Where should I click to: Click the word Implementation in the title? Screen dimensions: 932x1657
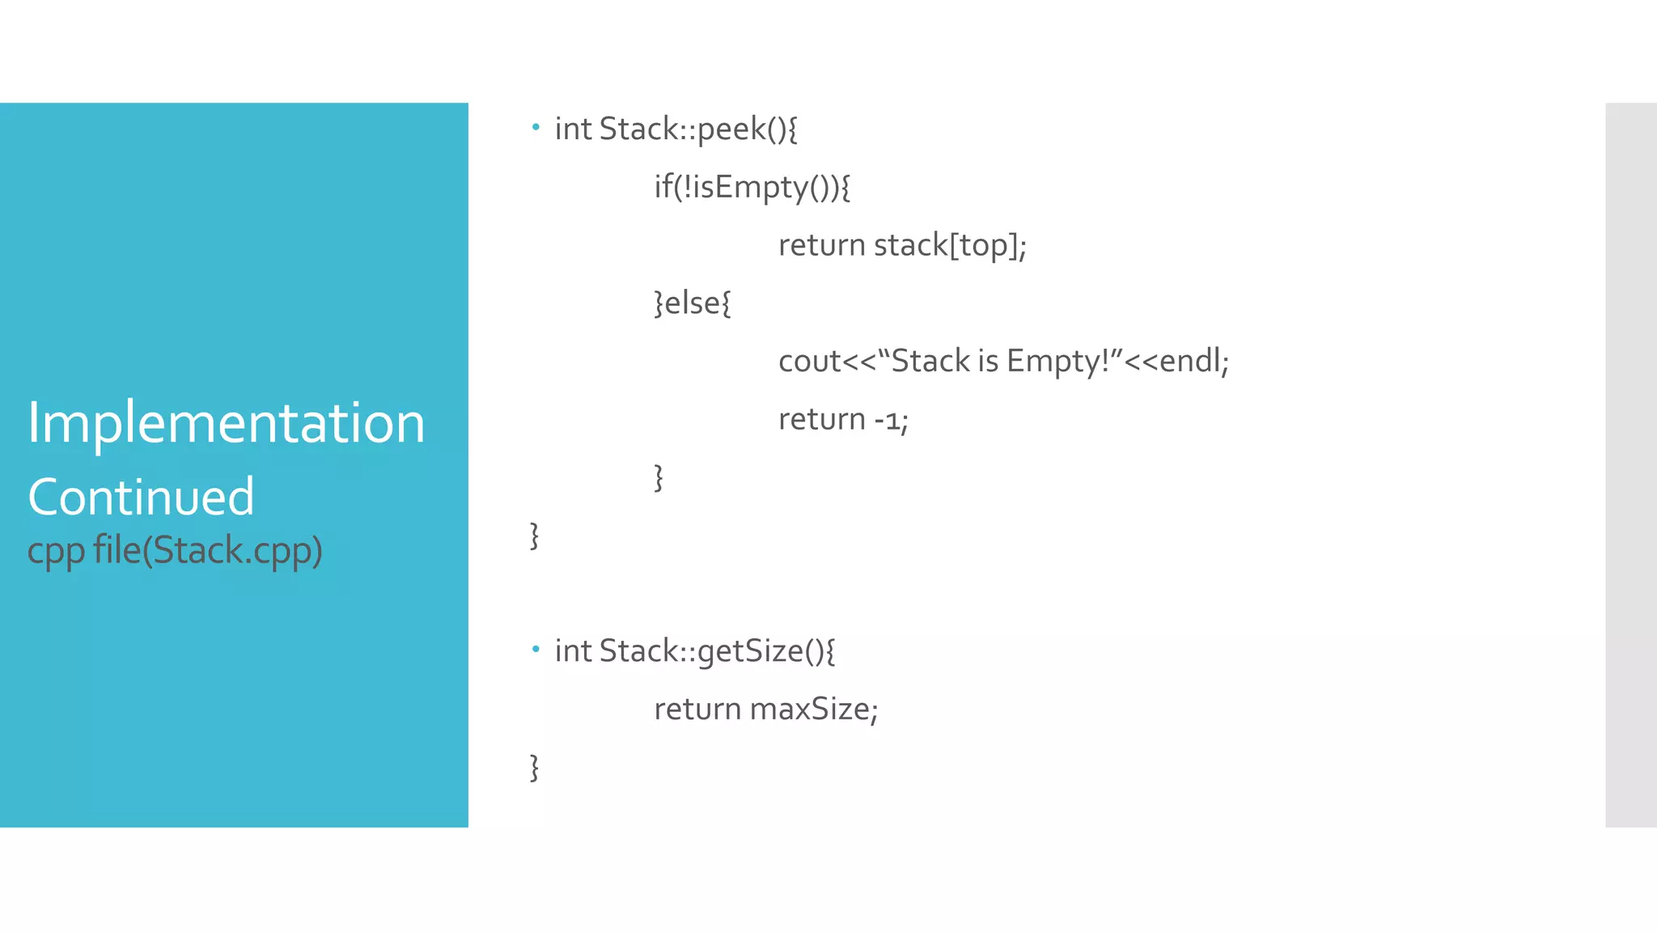tap(226, 423)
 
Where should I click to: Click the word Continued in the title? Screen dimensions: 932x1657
tap(141, 497)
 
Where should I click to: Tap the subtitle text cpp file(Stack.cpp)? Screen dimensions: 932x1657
tap(175, 550)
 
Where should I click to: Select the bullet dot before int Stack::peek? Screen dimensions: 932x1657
tap(536, 126)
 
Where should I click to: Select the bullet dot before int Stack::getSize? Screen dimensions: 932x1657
tap(536, 648)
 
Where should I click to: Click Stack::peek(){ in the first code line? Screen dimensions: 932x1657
tap(698, 129)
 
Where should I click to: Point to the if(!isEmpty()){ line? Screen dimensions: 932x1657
tap(752, 188)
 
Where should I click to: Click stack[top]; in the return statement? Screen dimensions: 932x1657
tap(950, 245)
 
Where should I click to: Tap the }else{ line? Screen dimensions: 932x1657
tap(692, 303)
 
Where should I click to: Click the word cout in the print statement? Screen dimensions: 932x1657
tap(809, 362)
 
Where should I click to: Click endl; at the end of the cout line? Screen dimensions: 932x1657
tap(1193, 362)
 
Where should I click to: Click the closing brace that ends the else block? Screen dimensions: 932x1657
tap(659, 477)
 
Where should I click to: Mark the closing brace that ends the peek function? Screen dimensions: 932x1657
tap(534, 536)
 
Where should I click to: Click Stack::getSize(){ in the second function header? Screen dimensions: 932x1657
tap(717, 651)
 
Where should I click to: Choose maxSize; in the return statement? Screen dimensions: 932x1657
tap(813, 710)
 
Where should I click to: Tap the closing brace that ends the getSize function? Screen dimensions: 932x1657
tap(534, 767)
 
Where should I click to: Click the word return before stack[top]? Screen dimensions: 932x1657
tap(821, 245)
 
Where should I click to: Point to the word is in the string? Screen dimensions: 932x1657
tap(988, 362)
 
